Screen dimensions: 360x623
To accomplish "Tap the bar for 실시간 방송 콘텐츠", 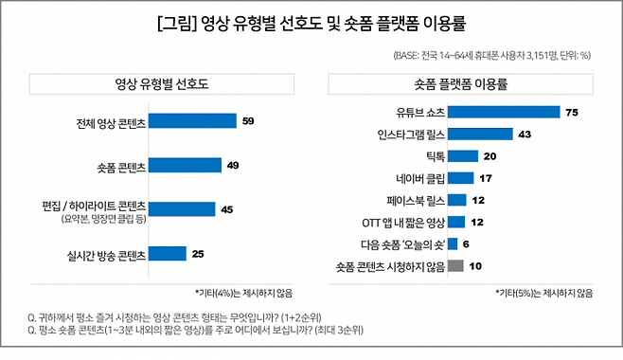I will coord(169,253).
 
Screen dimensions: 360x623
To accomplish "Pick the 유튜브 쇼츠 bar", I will coord(504,112).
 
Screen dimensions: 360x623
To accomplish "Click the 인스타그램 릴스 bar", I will coord(480,134).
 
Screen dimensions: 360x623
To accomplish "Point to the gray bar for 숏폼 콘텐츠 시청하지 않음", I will coord(455,266).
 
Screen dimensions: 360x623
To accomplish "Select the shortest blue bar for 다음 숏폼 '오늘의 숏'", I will coord(453,244).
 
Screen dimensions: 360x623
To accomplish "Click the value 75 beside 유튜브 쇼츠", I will coord(571,112).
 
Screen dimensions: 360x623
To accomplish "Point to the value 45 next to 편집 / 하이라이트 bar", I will coord(226,209).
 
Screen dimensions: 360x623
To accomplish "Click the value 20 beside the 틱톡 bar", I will coord(489,156).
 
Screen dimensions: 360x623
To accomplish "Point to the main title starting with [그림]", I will coord(311,23).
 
